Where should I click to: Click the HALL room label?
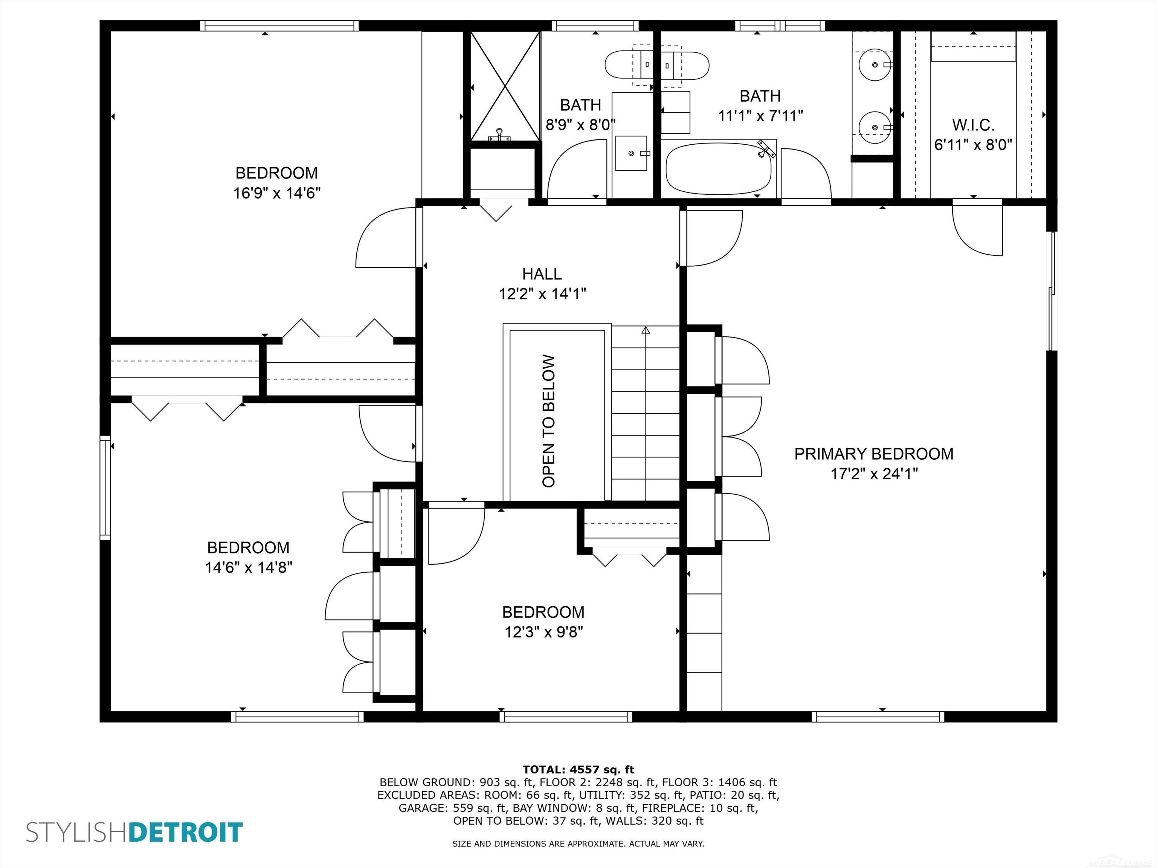542,274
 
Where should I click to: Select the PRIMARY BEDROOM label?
873,454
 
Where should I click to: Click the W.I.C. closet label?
973,125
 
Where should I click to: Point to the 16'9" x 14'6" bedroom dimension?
277,193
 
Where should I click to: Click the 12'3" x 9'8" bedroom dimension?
543,632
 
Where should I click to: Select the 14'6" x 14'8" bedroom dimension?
249,567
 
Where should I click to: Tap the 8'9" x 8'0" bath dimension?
580,125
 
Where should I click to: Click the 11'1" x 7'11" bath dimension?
760,116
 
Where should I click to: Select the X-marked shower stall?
505,86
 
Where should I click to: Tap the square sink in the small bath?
631,153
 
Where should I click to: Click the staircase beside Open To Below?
646,413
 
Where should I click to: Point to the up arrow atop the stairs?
646,331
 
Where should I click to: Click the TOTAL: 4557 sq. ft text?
578,769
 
